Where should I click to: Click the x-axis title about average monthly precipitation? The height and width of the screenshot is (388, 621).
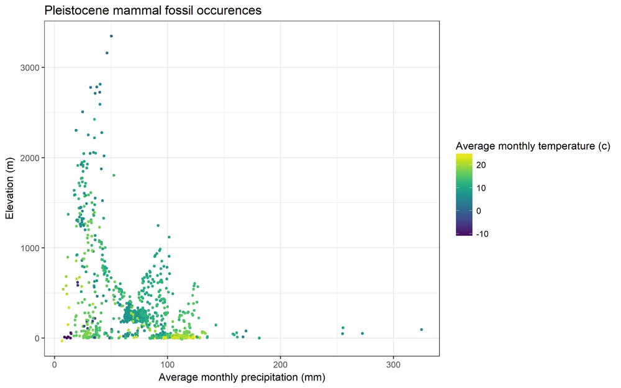point(242,377)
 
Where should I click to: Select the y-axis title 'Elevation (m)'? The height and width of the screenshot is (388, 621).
point(10,189)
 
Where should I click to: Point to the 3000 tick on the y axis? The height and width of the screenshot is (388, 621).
point(32,68)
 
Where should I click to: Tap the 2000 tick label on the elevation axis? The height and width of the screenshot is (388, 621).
point(32,158)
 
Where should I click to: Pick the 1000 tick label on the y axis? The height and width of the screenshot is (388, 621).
point(32,248)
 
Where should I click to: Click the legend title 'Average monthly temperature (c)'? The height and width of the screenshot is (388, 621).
point(533,147)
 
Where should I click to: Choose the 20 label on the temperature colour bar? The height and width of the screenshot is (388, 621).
point(481,165)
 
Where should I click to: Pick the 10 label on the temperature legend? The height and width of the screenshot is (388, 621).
point(481,188)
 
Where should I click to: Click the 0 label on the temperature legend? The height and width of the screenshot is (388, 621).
point(479,211)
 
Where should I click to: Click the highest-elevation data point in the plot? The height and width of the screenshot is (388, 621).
point(111,36)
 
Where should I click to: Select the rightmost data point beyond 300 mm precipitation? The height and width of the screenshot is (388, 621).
point(421,330)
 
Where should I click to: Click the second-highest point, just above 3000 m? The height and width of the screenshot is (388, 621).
point(107,53)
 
